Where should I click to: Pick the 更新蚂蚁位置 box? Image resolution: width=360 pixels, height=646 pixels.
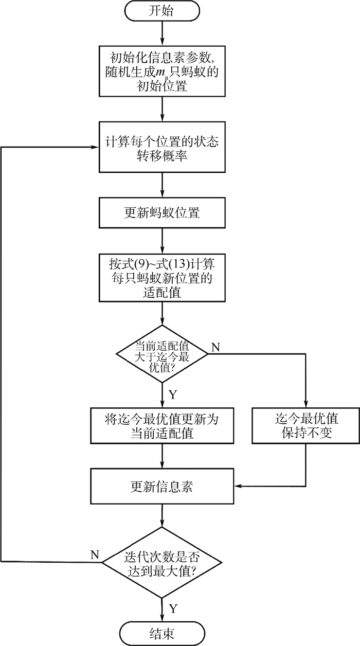tap(162, 212)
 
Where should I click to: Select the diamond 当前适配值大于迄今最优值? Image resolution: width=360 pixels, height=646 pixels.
tap(162, 353)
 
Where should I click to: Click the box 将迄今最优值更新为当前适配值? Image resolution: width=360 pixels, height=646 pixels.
tap(162, 425)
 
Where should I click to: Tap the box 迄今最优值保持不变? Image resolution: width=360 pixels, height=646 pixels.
tap(306, 425)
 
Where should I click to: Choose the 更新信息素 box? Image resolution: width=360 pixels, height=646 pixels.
tap(162, 486)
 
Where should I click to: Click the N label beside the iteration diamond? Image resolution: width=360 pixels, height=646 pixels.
tap(95, 554)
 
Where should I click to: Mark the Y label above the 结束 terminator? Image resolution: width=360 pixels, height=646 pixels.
tap(173, 609)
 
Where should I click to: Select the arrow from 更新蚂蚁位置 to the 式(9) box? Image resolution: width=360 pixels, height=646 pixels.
tap(162, 239)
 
